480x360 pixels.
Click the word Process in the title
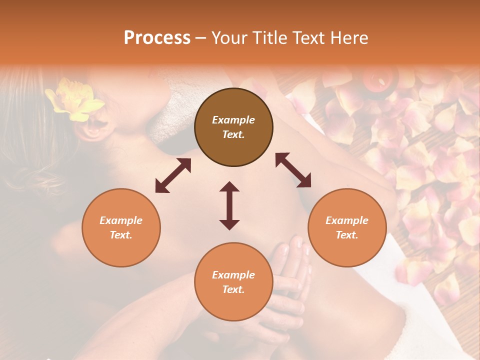157,38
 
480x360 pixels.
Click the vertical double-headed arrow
229,205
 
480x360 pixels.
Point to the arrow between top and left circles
173,175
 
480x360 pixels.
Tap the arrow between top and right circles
293,170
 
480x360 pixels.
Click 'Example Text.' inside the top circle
233,127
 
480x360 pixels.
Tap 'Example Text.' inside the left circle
121,227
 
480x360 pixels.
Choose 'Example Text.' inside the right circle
347,227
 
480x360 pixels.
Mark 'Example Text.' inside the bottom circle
233,282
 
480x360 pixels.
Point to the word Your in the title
228,38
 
